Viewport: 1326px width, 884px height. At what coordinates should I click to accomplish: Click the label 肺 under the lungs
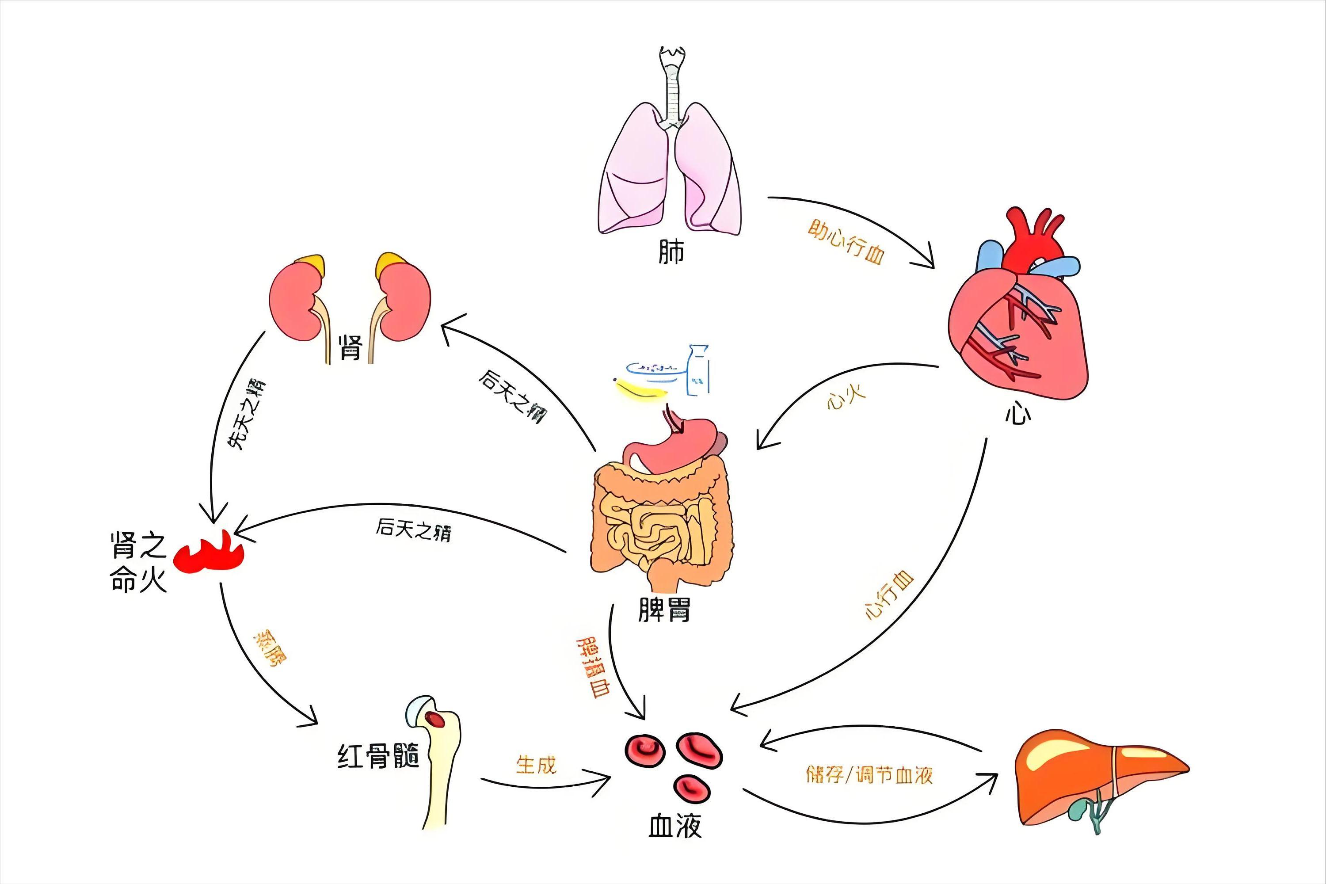pyautogui.click(x=671, y=251)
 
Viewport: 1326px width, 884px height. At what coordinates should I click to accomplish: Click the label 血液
pyautogui.click(x=675, y=826)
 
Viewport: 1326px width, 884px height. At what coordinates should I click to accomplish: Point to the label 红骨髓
pyautogui.click(x=378, y=756)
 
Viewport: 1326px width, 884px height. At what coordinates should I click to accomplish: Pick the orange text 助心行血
pyautogui.click(x=846, y=242)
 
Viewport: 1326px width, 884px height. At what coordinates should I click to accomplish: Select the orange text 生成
pyautogui.click(x=536, y=765)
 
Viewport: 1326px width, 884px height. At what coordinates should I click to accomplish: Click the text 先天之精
pyautogui.click(x=246, y=415)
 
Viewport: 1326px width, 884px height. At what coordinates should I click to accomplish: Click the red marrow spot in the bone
pyautogui.click(x=435, y=719)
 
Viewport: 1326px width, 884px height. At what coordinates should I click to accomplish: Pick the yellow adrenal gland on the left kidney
pyautogui.click(x=311, y=263)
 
